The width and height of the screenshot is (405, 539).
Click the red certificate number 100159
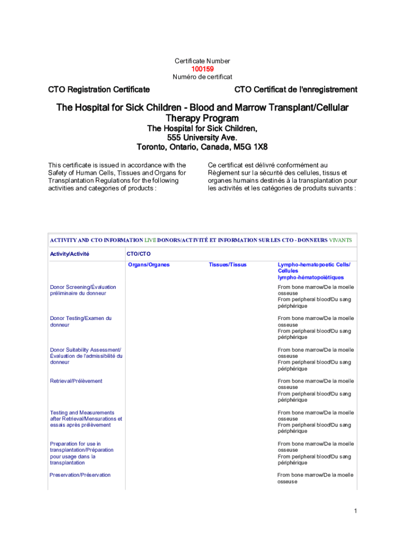point(202,69)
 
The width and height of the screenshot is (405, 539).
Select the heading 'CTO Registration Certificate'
point(99,89)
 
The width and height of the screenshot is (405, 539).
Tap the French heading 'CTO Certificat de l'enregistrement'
point(296,89)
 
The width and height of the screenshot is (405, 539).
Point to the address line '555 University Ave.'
point(202,137)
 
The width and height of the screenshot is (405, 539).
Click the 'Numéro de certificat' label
point(202,77)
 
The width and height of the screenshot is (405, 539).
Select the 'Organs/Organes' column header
point(149,265)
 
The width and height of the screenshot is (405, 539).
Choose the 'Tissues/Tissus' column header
point(227,265)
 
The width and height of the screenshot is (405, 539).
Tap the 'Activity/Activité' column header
point(69,254)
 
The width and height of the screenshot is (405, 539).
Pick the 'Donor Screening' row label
point(83,290)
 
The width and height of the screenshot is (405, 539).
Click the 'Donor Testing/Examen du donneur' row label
point(80,322)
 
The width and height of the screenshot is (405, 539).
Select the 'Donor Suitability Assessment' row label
point(86,356)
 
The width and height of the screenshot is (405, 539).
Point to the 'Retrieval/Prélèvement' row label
point(76,381)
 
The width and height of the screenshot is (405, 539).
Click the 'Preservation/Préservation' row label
point(80,475)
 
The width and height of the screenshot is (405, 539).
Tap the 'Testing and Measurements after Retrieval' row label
point(86,418)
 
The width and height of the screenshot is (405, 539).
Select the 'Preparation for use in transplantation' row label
point(82,453)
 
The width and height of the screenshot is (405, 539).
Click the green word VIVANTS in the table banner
point(340,240)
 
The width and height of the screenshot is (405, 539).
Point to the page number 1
point(356,511)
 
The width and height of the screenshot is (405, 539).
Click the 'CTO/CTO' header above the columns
point(138,254)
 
